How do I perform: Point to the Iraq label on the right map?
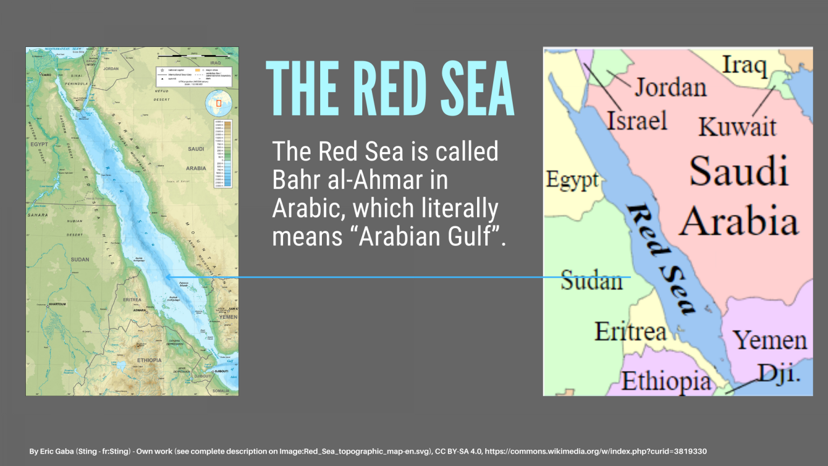[x=744, y=65]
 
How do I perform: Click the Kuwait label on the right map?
[x=737, y=127]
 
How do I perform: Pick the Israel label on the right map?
[x=637, y=121]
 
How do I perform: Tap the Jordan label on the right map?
[x=671, y=87]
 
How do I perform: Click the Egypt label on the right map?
[x=572, y=180]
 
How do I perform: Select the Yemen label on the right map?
[x=770, y=340]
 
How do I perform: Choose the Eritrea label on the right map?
[x=630, y=331]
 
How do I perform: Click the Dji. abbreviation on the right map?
[x=779, y=373]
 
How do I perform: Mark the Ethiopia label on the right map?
[x=666, y=381]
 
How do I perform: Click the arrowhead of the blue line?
[x=168, y=277]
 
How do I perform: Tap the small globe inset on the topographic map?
[x=218, y=103]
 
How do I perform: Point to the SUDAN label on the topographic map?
[x=80, y=259]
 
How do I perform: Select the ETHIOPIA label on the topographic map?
[x=149, y=360]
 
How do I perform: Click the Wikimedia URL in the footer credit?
[x=596, y=451]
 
